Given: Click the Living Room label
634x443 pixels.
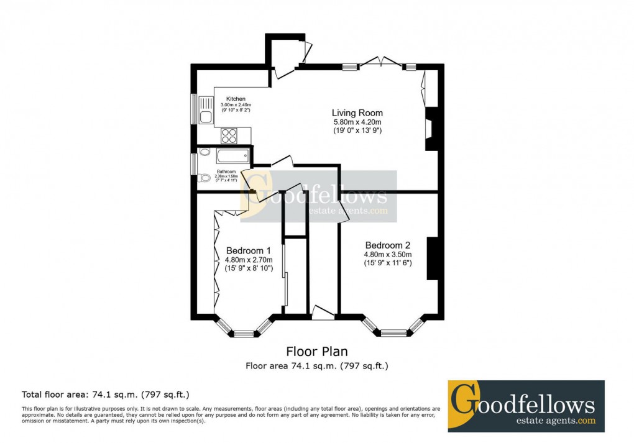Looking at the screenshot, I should (x=357, y=113).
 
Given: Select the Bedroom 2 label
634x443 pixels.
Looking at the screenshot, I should (x=388, y=245).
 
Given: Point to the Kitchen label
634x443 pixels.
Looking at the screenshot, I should (x=236, y=99).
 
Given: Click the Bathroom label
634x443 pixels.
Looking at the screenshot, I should (x=226, y=171).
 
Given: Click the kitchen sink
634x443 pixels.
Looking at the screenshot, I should (x=206, y=111).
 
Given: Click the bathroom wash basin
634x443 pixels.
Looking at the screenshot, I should (x=204, y=152).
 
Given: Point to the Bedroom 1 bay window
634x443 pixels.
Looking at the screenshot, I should (x=244, y=330).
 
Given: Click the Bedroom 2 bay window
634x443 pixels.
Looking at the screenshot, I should (x=393, y=329).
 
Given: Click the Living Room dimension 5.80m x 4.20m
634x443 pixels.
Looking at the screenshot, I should (x=357, y=122).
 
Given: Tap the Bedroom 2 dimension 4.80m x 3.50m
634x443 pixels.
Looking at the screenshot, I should (x=388, y=254).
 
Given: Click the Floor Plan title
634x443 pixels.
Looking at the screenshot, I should (x=317, y=352).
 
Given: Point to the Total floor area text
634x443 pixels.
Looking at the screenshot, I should (x=106, y=395).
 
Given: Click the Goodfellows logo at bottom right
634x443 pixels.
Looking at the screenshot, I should (x=526, y=406).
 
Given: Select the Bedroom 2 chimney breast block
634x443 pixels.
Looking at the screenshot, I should (x=432, y=258).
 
